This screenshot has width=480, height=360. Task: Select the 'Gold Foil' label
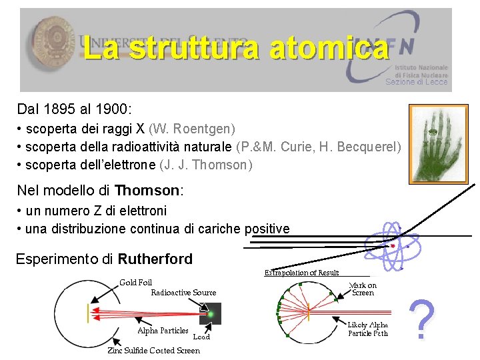[136, 283]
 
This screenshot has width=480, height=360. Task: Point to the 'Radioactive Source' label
[183, 292]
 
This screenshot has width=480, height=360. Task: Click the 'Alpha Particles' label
[163, 331]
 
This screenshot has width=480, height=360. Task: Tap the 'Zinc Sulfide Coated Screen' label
[153, 350]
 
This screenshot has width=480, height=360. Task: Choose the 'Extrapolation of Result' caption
[301, 272]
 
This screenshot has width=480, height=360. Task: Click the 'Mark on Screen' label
[363, 289]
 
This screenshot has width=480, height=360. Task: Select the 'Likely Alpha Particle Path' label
[367, 329]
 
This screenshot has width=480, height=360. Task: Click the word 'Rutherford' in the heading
[155, 259]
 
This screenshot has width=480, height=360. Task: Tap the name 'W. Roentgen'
[192, 127]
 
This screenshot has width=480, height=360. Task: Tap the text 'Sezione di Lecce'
[417, 82]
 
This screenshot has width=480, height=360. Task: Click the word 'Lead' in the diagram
[201, 337]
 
